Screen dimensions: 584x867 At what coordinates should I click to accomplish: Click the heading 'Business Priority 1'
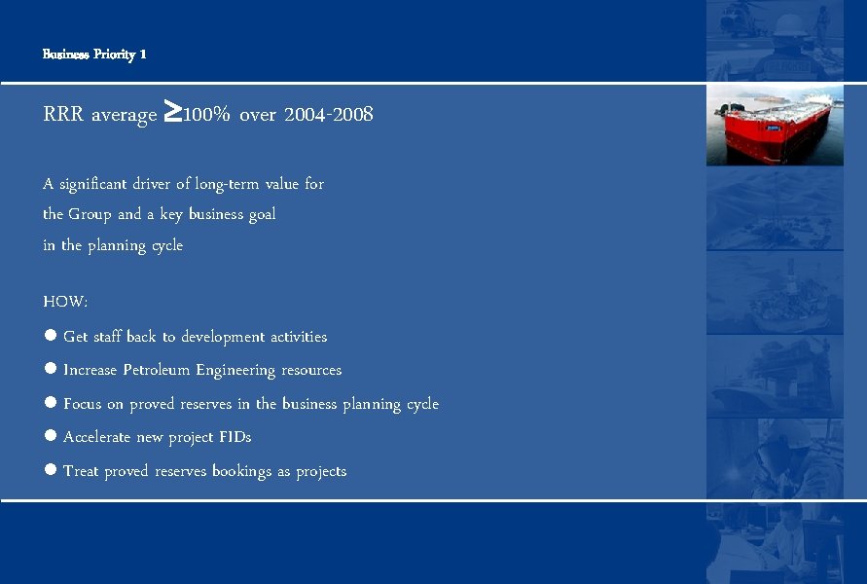pyautogui.click(x=94, y=55)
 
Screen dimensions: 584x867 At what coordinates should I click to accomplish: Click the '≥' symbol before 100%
pyautogui.click(x=170, y=113)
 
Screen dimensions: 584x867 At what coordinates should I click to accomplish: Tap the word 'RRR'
pyautogui.click(x=63, y=116)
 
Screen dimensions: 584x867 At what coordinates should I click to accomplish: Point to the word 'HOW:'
pyautogui.click(x=65, y=303)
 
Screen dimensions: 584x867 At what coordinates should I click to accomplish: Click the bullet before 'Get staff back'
pyautogui.click(x=50, y=336)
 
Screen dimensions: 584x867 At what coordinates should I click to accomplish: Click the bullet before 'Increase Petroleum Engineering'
pyautogui.click(x=50, y=370)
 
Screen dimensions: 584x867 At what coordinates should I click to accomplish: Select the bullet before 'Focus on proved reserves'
pyautogui.click(x=50, y=403)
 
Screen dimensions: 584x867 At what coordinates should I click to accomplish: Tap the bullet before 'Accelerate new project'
pyautogui.click(x=50, y=437)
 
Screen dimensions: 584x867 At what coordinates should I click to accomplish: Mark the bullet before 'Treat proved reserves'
pyautogui.click(x=50, y=470)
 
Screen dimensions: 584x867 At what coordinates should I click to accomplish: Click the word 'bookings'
pyautogui.click(x=242, y=471)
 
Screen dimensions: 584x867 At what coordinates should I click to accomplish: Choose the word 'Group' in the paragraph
pyautogui.click(x=90, y=214)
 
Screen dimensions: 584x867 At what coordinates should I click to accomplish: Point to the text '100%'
pyautogui.click(x=206, y=115)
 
